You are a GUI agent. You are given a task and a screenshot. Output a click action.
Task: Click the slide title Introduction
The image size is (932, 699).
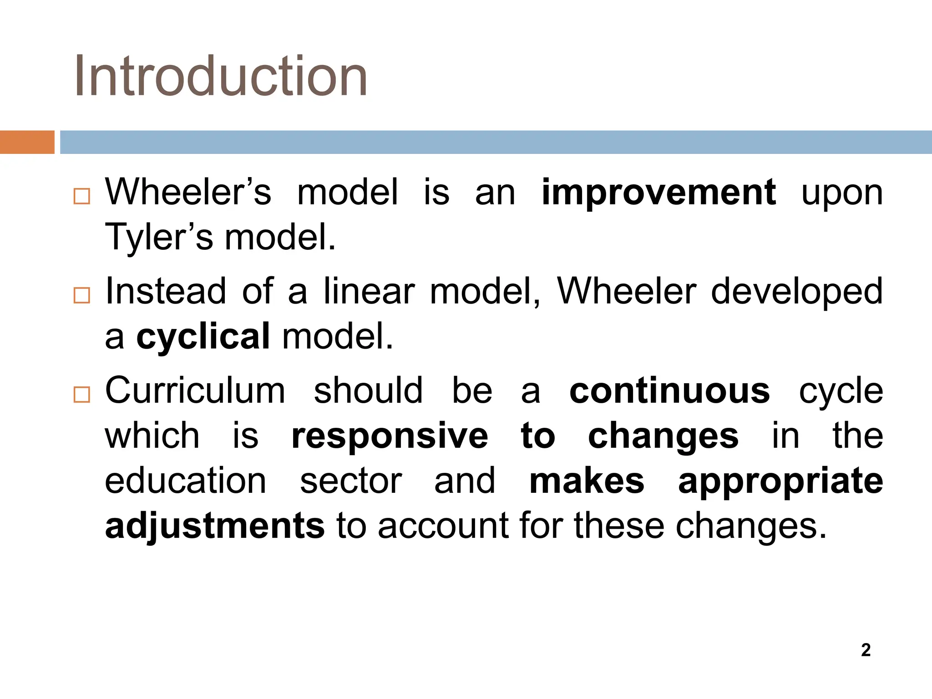(221, 76)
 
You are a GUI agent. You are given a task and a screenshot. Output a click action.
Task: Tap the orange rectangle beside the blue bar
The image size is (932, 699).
(27, 142)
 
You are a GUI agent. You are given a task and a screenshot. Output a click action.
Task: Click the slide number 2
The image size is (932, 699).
(866, 650)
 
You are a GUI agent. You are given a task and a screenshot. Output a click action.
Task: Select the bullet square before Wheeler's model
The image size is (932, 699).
(82, 197)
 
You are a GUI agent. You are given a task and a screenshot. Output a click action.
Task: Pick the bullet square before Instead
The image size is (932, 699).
(82, 296)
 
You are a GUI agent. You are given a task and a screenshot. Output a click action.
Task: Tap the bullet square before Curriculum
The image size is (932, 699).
(82, 395)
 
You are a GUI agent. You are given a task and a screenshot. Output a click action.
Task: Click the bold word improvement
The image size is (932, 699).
(658, 193)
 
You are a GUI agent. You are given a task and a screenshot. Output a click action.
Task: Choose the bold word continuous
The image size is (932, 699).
(669, 391)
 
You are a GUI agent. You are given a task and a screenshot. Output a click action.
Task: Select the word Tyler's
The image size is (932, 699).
(159, 238)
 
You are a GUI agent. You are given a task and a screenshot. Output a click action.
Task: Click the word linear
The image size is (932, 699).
(369, 292)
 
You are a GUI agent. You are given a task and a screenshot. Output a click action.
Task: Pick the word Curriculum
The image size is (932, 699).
(195, 391)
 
